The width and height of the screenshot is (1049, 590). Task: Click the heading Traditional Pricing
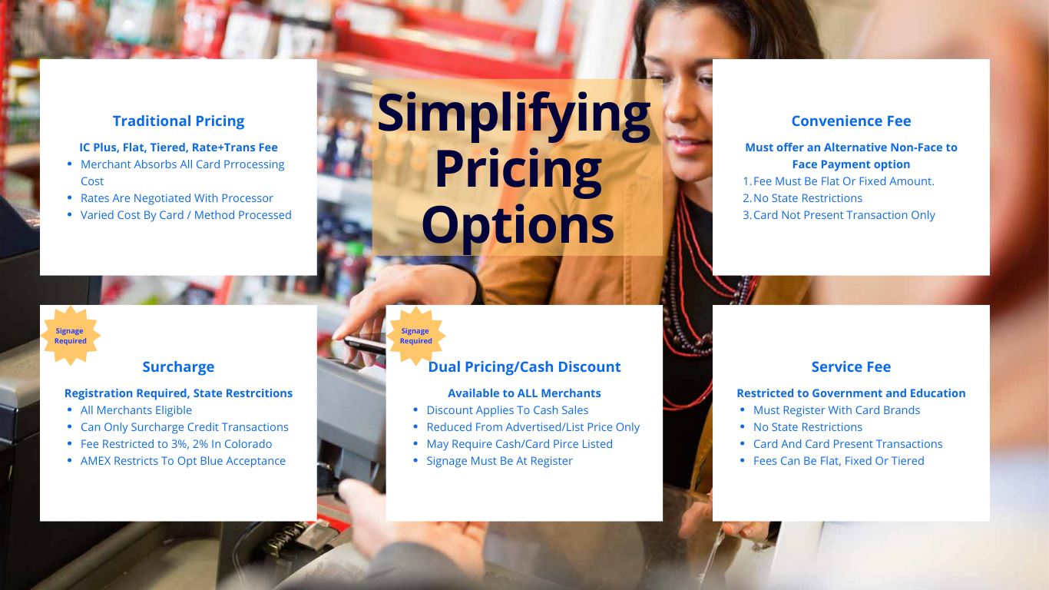coord(178,121)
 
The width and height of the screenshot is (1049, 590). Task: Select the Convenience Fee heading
coord(851,121)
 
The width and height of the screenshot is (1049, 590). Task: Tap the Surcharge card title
coord(178,367)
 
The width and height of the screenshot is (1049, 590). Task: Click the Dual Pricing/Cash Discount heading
coord(524,367)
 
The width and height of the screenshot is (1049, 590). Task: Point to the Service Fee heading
coord(851,367)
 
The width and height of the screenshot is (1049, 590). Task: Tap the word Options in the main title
coord(518,226)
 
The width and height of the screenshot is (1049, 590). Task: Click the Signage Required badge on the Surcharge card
coord(70,336)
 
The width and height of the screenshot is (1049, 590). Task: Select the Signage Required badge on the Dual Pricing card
coord(415,336)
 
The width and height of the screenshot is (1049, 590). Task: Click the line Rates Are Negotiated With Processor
coord(177,198)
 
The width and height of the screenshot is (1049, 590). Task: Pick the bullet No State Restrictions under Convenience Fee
coord(807,198)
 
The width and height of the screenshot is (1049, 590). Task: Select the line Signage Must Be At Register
coord(499,461)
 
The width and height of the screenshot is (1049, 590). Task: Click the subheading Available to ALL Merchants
coord(524,393)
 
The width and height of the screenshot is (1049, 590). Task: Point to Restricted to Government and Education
coord(851,393)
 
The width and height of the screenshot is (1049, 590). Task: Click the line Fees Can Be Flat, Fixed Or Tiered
coord(839,461)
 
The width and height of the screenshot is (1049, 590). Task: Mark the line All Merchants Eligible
coord(136,410)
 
